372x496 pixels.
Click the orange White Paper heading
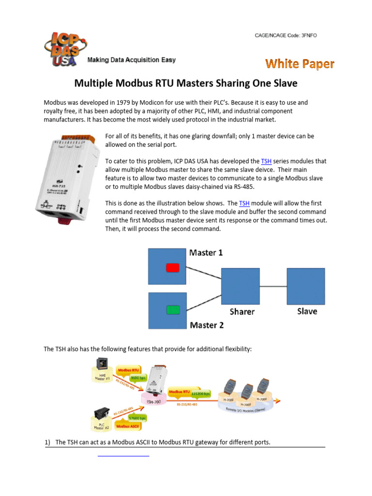pyautogui.click(x=299, y=64)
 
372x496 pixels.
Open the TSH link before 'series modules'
pyautogui.click(x=266, y=161)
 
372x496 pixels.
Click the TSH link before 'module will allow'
pyautogui.click(x=244, y=203)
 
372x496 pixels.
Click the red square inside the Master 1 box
pyautogui.click(x=173, y=267)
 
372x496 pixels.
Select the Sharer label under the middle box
pyautogui.click(x=241, y=311)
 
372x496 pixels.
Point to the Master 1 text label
pyautogui.click(x=206, y=253)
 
